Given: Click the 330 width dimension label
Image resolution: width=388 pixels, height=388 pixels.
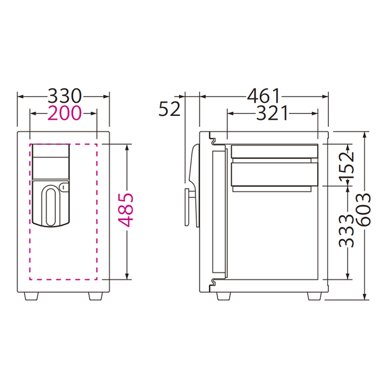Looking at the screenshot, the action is coord(65,96).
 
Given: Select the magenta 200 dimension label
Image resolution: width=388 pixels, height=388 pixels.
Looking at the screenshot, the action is coord(65,113).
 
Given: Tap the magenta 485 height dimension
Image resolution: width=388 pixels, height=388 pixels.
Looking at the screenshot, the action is coord(126,210).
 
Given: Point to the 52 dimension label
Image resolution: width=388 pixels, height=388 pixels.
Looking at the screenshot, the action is coord(169,109).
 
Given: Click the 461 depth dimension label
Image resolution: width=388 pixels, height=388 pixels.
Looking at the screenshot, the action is coord(264,96).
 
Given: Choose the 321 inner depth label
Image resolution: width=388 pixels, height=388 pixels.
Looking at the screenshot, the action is coord(272,113).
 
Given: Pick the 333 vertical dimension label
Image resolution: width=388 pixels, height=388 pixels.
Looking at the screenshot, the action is coord(346,231).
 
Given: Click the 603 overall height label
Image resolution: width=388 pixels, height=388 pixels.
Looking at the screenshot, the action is coord(363,210).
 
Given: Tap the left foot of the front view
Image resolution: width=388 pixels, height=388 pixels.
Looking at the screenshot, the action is coord(32,296).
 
